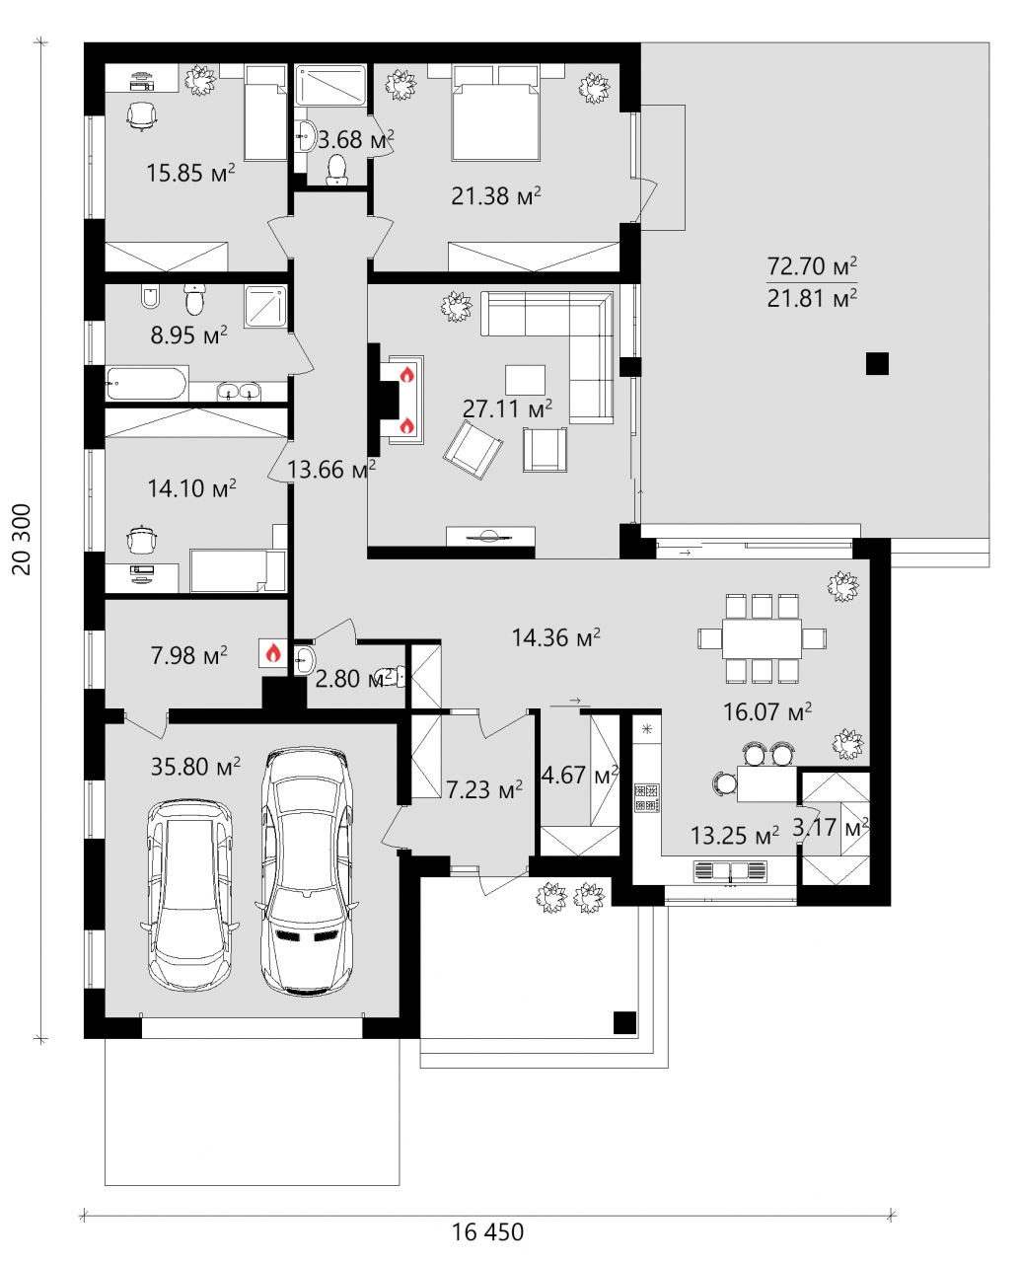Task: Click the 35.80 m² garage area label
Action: (x=195, y=767)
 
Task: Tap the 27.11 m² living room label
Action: (x=507, y=409)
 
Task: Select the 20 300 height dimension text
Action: (x=22, y=540)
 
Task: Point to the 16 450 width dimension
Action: (x=487, y=1232)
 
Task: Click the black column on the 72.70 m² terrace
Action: (x=877, y=363)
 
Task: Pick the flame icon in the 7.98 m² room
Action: (x=272, y=653)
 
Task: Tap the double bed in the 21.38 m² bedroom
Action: (x=495, y=112)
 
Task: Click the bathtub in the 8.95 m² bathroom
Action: (x=146, y=383)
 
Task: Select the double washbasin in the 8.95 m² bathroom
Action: (x=239, y=392)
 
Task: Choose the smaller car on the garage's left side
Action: (x=189, y=896)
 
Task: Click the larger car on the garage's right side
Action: (x=307, y=871)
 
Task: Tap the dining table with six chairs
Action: (x=762, y=638)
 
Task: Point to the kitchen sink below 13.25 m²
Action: (x=730, y=870)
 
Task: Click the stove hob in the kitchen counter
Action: (x=646, y=797)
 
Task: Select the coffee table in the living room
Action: (x=525, y=380)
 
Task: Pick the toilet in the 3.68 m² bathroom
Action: (x=336, y=170)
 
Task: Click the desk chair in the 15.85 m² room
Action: (x=142, y=115)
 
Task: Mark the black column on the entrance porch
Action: (x=624, y=1022)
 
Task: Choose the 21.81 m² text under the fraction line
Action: (x=812, y=298)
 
